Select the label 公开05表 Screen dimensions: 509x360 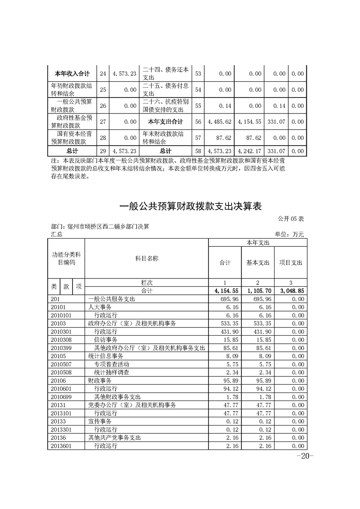click(x=291, y=219)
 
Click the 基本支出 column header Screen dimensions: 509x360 click(x=258, y=263)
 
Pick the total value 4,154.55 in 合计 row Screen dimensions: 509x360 click(x=225, y=291)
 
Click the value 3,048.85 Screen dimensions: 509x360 click(x=291, y=291)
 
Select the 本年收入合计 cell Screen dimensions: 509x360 click(x=72, y=73)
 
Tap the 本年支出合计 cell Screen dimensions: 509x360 click(x=166, y=122)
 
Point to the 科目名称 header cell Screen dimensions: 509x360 click(x=147, y=259)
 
